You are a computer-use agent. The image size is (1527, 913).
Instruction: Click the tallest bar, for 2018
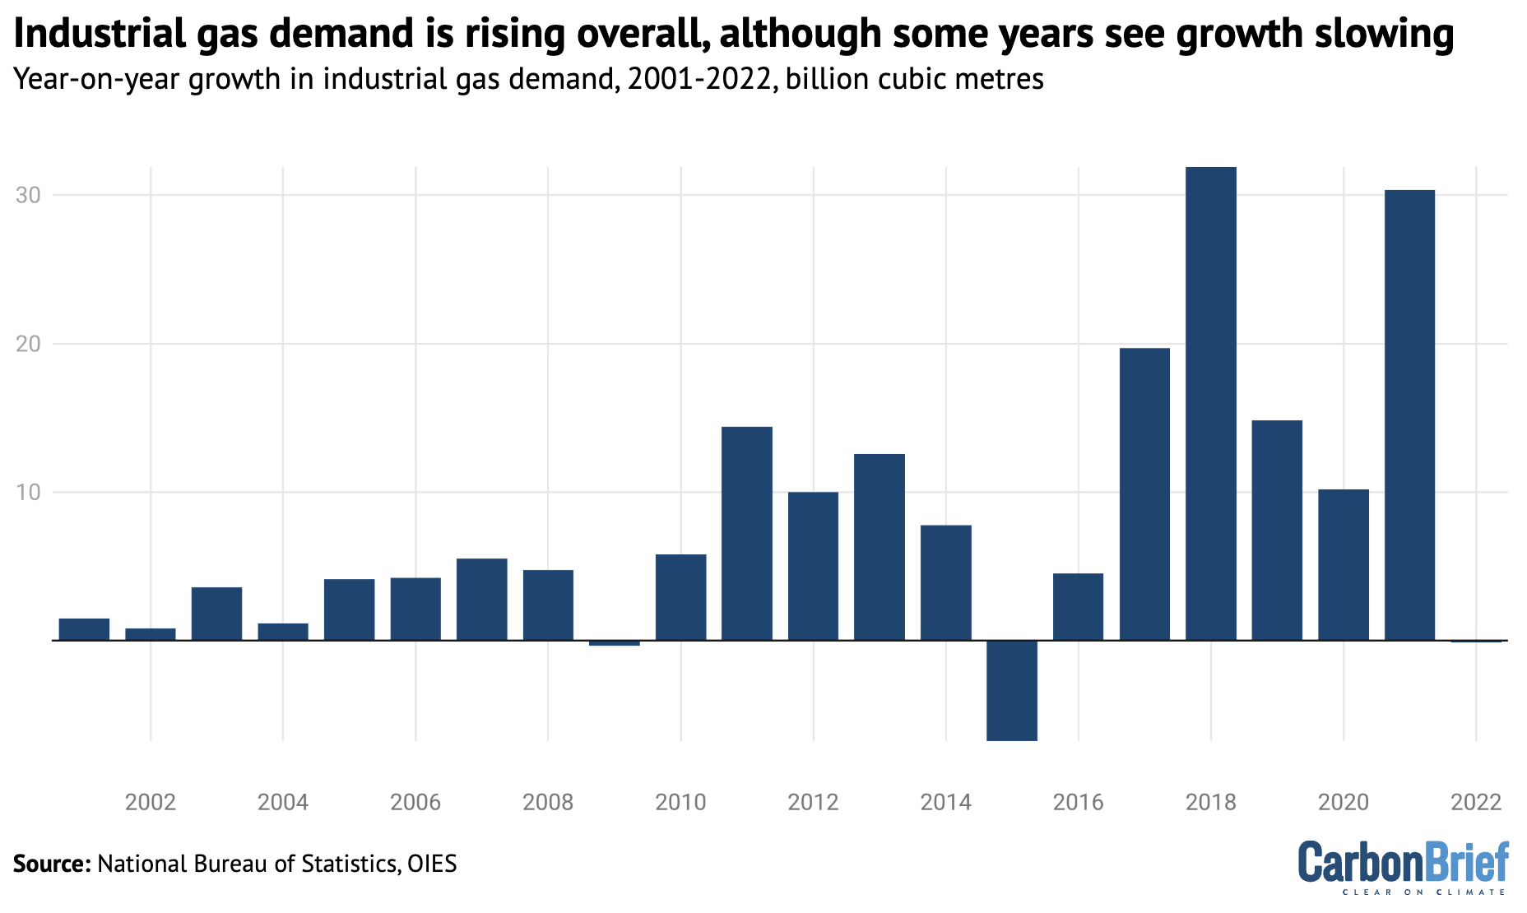coord(1210,403)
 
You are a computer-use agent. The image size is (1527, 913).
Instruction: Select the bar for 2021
coord(1409,415)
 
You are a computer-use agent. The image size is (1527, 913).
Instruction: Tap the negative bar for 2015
coord(1012,690)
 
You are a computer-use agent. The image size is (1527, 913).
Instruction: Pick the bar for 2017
coord(1144,494)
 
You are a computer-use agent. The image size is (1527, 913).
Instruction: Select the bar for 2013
coord(880,547)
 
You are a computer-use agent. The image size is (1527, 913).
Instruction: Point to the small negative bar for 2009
coord(615,643)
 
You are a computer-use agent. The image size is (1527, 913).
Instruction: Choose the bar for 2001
coord(84,629)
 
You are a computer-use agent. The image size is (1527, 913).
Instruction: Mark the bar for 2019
coord(1277,531)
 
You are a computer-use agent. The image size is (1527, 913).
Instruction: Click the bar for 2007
coord(481,599)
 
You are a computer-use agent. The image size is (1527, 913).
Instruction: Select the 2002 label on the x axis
coord(151,802)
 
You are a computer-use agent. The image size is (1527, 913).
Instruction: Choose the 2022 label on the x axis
coord(1476,802)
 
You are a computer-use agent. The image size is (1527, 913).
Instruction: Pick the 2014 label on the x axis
coord(945,802)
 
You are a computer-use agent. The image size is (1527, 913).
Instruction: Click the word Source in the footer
coord(51,864)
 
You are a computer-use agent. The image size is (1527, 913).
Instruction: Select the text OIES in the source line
coord(432,864)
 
